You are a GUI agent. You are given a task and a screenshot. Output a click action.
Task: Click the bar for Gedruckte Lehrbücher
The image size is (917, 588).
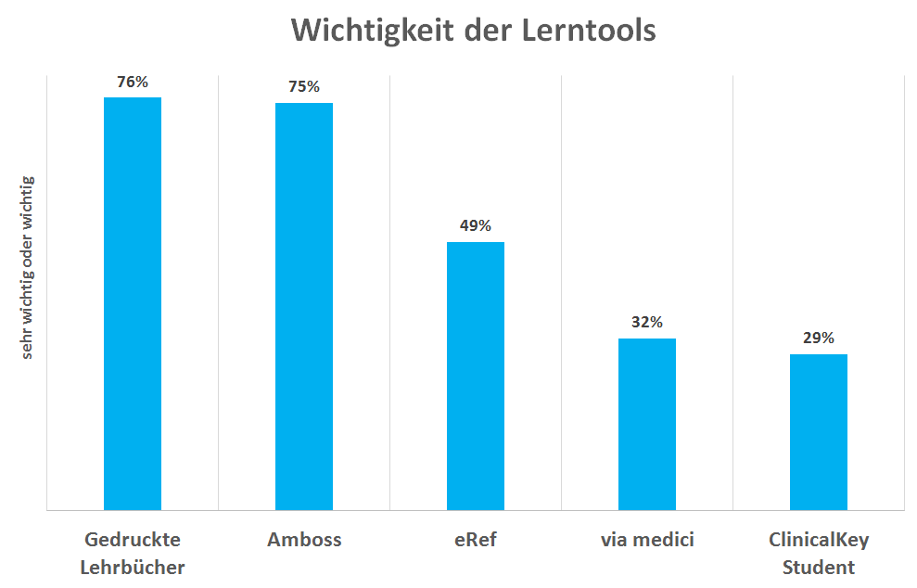132,303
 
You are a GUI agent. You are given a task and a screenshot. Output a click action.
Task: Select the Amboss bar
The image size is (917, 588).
303,306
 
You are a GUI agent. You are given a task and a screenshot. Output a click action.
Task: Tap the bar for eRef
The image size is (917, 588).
475,376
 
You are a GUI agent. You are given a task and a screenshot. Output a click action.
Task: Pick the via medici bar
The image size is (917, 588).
647,424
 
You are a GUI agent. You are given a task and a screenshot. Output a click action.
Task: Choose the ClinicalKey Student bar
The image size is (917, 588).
819,431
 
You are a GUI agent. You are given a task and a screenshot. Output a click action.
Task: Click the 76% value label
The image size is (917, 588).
132,82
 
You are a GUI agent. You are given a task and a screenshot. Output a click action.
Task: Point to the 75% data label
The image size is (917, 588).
304,87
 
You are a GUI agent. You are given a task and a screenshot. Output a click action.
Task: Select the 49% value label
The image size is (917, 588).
476,226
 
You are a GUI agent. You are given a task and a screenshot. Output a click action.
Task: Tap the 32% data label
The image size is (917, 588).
647,323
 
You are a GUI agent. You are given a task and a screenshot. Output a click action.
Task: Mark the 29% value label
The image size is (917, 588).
819,339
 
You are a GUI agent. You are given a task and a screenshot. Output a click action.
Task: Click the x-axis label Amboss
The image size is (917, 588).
304,540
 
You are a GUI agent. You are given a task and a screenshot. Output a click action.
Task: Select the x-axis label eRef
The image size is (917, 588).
476,540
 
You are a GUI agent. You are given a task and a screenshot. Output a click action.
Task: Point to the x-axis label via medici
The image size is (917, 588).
647,540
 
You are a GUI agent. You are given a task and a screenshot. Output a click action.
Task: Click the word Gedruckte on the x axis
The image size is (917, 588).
133,540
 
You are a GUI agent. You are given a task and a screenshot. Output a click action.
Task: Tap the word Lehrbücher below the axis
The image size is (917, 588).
133,567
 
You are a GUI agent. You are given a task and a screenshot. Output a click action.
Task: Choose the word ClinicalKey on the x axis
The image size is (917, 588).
819,540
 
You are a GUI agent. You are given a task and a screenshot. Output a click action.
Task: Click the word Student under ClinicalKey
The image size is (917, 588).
819,567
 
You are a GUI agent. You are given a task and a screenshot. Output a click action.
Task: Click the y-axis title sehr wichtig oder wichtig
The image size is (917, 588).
28,269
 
